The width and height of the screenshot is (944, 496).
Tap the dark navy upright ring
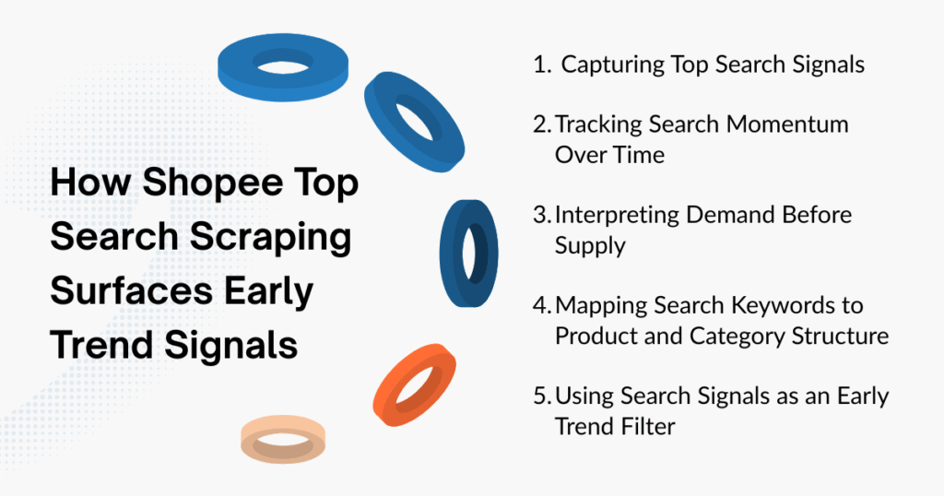point(468,252)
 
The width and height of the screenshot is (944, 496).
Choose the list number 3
point(541,215)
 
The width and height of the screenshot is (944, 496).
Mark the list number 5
point(542,396)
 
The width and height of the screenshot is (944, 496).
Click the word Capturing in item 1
point(612,65)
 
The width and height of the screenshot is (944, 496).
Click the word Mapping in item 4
point(596,305)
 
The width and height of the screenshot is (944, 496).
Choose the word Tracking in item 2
point(598,124)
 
